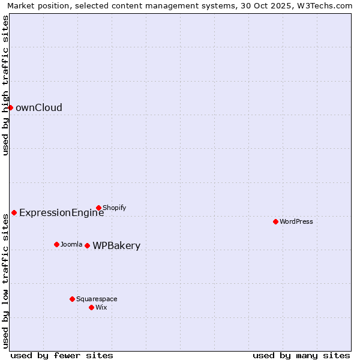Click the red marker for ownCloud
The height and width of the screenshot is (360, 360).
[10, 107]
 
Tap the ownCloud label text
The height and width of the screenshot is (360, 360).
[38, 108]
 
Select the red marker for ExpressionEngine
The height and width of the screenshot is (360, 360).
[14, 212]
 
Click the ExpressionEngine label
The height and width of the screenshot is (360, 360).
[61, 212]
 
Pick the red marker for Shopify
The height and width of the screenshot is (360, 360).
[98, 208]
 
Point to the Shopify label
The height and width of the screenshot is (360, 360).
[114, 208]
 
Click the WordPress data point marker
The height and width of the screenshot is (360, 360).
[275, 221]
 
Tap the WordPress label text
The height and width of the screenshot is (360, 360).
[296, 221]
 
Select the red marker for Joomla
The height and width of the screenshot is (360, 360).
[56, 244]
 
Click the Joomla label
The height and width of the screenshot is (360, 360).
[71, 244]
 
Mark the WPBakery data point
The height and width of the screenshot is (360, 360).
[87, 245]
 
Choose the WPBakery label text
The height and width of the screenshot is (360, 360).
[116, 246]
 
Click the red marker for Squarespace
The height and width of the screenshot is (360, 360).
[72, 299]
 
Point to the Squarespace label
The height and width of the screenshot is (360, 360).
[97, 299]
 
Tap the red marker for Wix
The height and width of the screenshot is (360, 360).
[91, 307]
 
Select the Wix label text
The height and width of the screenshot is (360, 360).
[101, 307]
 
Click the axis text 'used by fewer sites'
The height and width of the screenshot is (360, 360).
[62, 355]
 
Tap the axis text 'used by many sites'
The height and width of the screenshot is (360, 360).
[301, 355]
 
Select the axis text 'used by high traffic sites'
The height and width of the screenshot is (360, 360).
[5, 85]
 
